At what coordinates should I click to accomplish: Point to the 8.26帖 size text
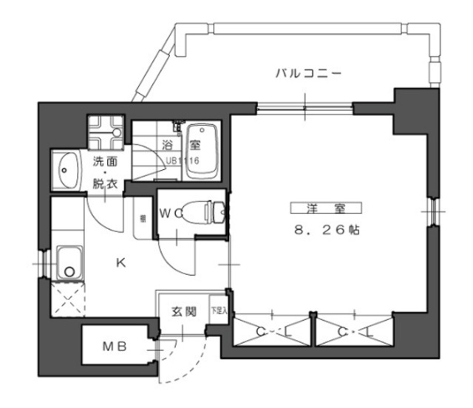pyautogui.click(x=324, y=230)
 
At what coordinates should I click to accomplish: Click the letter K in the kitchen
pyautogui.click(x=120, y=260)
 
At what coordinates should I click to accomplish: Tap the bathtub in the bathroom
pyautogui.click(x=200, y=152)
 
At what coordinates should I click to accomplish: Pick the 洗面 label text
pyautogui.click(x=105, y=161)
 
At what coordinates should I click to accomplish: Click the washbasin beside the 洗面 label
pyautogui.click(x=67, y=170)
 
